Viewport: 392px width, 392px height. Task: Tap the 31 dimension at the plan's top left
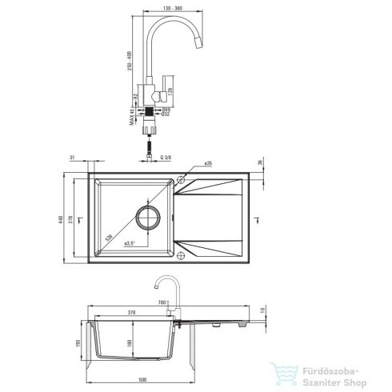[71, 158]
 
